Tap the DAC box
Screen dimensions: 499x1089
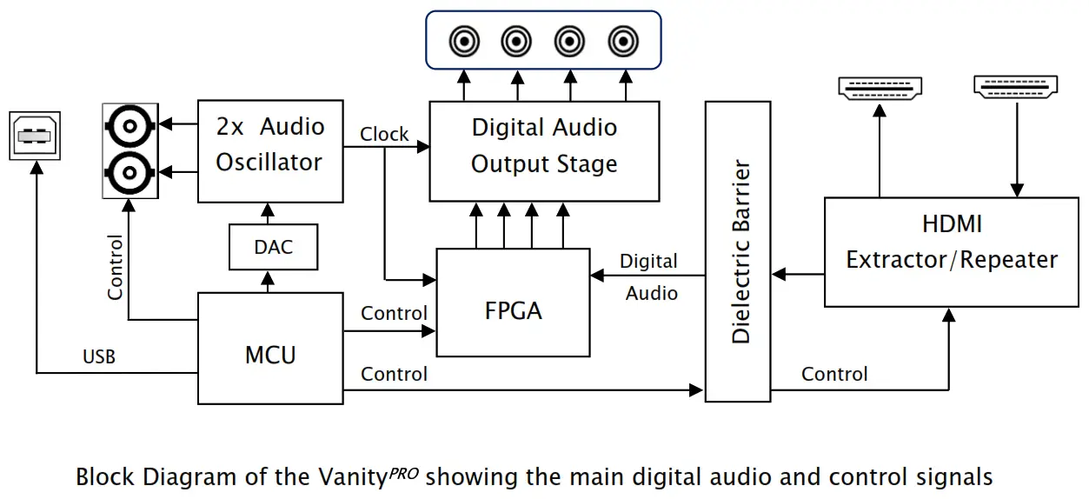tap(273, 247)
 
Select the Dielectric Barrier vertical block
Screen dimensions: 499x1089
tap(738, 251)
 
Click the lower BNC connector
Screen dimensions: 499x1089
tap(129, 173)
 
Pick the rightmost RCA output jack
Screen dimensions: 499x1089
tap(622, 40)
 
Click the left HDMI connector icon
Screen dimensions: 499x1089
tap(880, 88)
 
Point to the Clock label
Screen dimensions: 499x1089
tap(384, 134)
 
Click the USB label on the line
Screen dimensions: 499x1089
tap(99, 356)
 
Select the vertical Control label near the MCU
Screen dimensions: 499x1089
tap(115, 268)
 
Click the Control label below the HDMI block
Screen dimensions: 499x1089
tap(834, 375)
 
